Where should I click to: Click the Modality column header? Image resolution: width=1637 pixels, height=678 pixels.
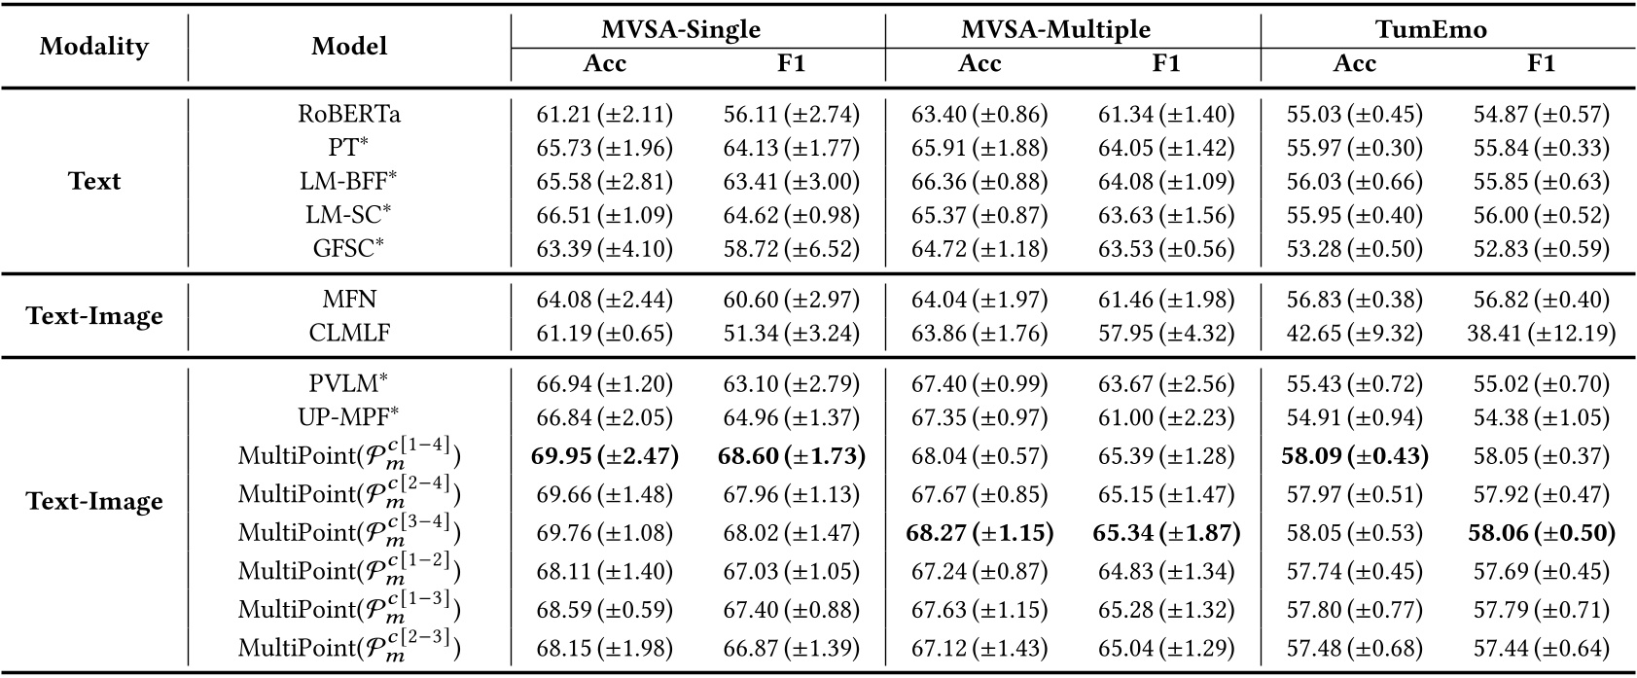[94, 47]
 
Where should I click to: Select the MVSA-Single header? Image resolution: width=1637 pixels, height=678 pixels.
[680, 29]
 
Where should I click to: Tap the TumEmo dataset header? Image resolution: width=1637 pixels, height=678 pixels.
[1431, 29]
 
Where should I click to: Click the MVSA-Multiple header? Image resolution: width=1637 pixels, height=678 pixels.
[1055, 29]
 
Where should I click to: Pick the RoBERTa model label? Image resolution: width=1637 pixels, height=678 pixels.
[349, 114]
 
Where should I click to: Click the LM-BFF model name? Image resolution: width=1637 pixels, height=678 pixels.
[349, 181]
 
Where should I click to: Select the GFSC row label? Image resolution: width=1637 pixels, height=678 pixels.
[349, 248]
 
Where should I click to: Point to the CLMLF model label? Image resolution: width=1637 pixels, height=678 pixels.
[349, 334]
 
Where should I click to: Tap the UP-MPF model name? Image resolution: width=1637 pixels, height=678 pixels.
[349, 418]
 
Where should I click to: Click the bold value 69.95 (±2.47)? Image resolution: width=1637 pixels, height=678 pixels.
[604, 455]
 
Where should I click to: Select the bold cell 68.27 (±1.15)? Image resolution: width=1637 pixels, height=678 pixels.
[979, 532]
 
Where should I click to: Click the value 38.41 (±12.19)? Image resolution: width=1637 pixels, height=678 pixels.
[1541, 334]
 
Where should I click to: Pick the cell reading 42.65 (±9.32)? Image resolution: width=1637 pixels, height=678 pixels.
[1354, 334]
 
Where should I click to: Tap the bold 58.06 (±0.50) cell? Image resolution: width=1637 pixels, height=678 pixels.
[1541, 532]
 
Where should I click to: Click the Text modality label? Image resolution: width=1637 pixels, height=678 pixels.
[94, 181]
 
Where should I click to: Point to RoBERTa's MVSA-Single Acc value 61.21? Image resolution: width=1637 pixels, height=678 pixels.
[604, 114]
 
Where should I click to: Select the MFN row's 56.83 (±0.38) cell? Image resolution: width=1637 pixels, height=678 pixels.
[1354, 300]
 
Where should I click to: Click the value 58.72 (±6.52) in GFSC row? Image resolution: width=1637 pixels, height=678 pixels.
[791, 248]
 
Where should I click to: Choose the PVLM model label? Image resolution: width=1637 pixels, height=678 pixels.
[349, 384]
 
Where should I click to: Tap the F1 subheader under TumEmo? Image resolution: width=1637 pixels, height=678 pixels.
[1541, 64]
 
